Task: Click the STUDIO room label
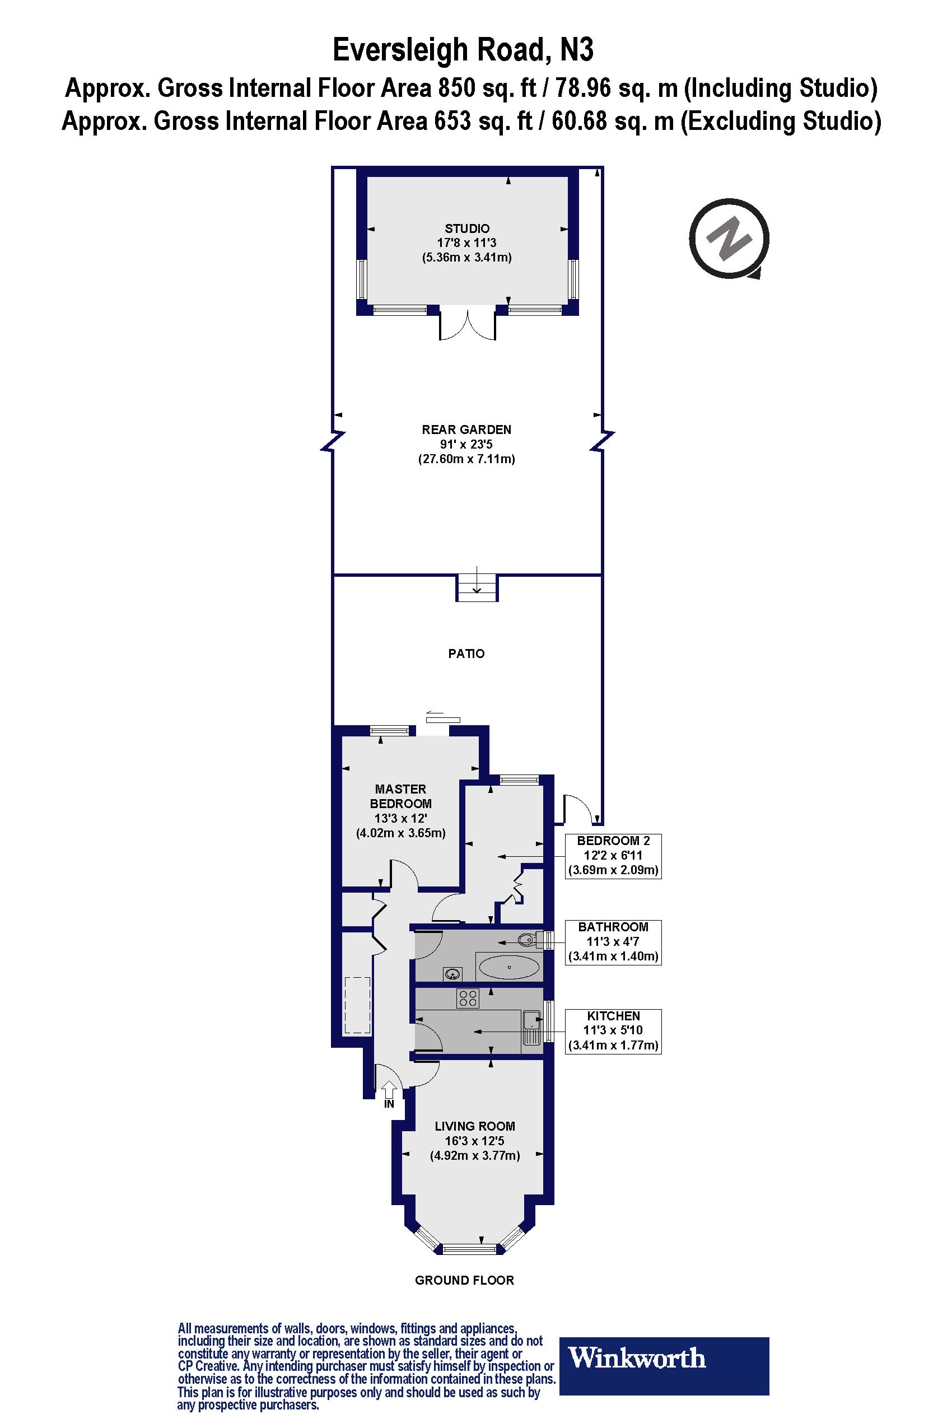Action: click(x=467, y=228)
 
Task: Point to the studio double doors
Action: click(x=468, y=325)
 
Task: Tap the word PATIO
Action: click(x=466, y=654)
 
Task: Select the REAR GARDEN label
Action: click(x=466, y=430)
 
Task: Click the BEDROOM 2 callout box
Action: click(x=613, y=855)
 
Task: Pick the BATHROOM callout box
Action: click(x=613, y=942)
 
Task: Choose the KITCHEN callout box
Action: click(x=613, y=1030)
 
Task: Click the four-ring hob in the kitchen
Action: click(x=468, y=998)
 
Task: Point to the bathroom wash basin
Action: click(x=452, y=974)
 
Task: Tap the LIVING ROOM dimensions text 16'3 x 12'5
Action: click(x=474, y=1140)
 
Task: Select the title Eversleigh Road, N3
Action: click(x=463, y=50)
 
